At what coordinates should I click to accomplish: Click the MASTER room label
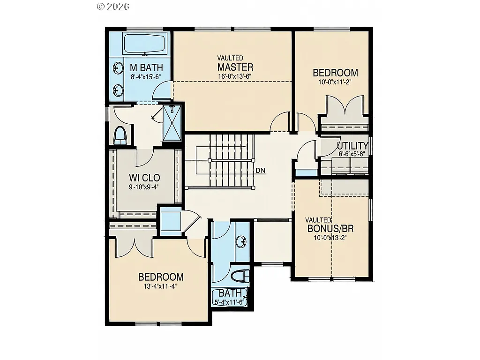pyautogui.click(x=235, y=67)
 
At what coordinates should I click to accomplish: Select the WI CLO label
pyautogui.click(x=144, y=178)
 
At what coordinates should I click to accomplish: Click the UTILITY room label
pyautogui.click(x=352, y=145)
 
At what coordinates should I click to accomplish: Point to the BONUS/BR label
pyautogui.click(x=330, y=229)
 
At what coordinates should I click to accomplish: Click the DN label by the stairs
pyautogui.click(x=261, y=171)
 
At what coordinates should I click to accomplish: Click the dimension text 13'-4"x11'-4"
pyautogui.click(x=160, y=285)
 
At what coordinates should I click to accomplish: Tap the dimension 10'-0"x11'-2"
pyautogui.click(x=335, y=82)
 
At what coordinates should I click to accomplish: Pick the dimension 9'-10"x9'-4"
pyautogui.click(x=144, y=187)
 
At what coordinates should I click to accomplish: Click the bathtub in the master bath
pyautogui.click(x=144, y=44)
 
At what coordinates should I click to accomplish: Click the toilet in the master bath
pyautogui.click(x=120, y=135)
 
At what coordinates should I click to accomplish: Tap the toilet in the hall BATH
pyautogui.click(x=240, y=276)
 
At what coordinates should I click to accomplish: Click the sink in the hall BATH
pyautogui.click(x=242, y=242)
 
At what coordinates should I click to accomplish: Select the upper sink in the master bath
pyautogui.click(x=117, y=68)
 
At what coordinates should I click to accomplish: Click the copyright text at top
pyautogui.click(x=113, y=6)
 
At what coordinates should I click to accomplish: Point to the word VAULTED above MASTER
pyautogui.click(x=230, y=58)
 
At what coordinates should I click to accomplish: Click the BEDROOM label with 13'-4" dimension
pyautogui.click(x=160, y=277)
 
